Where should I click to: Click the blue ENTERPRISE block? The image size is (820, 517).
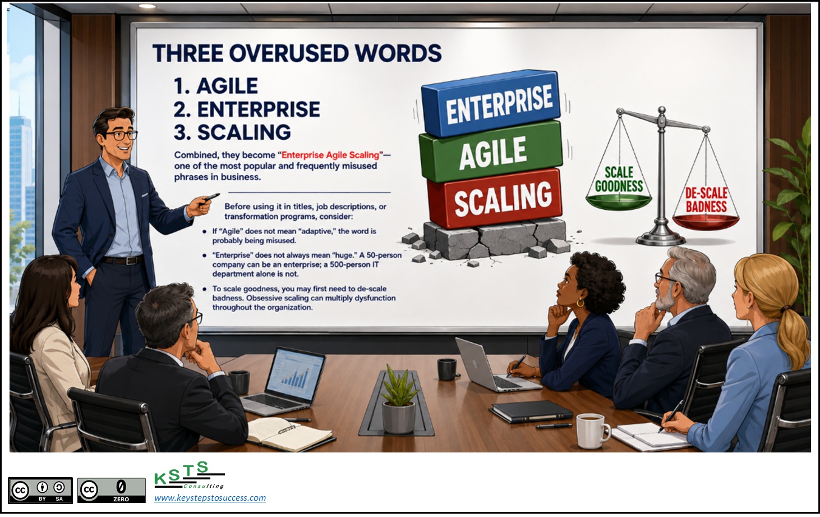tap(491, 103)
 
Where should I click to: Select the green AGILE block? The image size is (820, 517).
tap(491, 152)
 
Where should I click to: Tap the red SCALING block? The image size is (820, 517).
tap(495, 200)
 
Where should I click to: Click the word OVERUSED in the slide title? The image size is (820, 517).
tap(289, 53)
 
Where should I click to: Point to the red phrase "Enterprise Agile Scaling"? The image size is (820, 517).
tap(330, 155)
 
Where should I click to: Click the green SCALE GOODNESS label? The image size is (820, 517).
tap(619, 179)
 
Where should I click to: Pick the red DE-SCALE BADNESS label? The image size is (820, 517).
tap(706, 200)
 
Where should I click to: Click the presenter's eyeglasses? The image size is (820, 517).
tap(120, 135)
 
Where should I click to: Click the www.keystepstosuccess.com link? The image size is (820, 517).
tap(210, 497)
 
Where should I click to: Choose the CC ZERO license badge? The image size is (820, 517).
tap(111, 490)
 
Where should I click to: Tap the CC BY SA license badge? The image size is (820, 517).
tap(40, 490)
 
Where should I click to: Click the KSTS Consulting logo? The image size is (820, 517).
tap(189, 475)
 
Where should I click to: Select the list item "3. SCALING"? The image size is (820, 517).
tap(232, 132)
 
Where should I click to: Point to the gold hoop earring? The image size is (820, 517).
tap(580, 303)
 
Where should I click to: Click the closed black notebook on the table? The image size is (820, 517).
tap(531, 411)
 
